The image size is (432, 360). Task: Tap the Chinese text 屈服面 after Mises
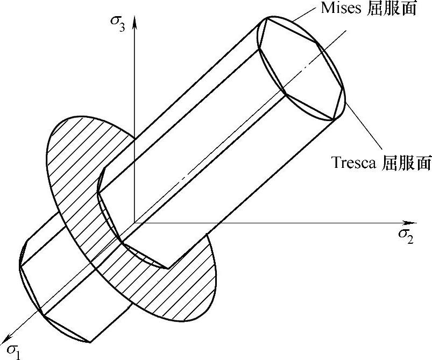tap(398, 9)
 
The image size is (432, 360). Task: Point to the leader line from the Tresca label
tap(363, 128)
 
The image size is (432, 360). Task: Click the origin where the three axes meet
tap(134, 222)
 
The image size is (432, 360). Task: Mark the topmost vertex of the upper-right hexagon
tap(267, 18)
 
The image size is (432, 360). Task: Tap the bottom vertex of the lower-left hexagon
tap(88, 341)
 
